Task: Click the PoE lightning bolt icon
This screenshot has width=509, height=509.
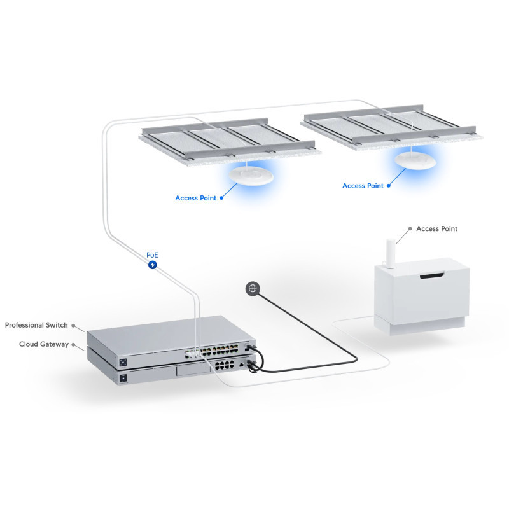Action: coord(153,264)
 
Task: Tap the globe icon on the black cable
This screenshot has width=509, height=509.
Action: coord(253,289)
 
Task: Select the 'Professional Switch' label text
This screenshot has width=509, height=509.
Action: coord(36,325)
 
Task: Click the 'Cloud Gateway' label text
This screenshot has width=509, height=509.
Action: coord(44,344)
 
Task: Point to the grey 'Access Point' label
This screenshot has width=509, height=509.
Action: coord(436,228)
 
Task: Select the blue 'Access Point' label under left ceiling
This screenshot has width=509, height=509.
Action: coord(196,198)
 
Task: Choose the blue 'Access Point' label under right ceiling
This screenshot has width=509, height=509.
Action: coord(363,186)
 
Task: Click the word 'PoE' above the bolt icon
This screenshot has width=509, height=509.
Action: coord(153,254)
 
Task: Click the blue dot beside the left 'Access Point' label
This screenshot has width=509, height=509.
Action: coord(221,198)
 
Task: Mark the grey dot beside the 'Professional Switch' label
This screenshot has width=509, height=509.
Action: coord(73,325)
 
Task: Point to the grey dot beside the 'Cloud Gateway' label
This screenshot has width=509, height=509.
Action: coord(73,344)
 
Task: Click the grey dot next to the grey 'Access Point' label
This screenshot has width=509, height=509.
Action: coord(410,228)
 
